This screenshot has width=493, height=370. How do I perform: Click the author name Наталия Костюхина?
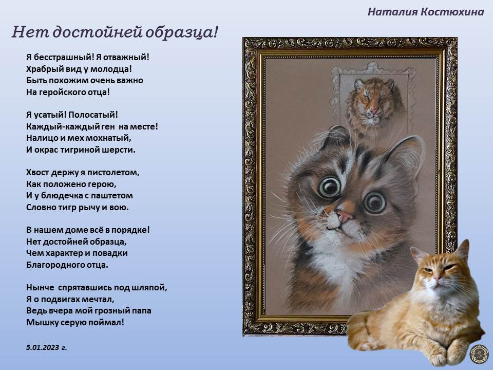426,12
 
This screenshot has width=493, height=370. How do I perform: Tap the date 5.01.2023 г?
47,347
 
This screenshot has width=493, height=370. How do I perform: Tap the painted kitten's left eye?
329,187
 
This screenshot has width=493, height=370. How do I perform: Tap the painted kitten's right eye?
375,202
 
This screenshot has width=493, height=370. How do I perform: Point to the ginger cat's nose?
436,278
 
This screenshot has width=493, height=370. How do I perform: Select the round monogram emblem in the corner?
479,354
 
